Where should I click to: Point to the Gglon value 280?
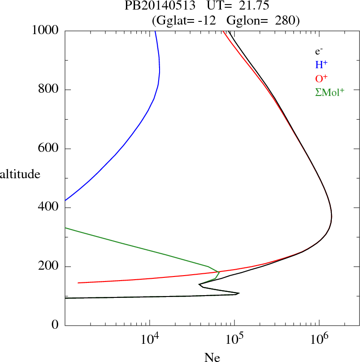285,20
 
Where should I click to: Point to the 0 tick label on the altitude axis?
55,326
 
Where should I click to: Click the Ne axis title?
212,357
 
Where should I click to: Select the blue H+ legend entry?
321,65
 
